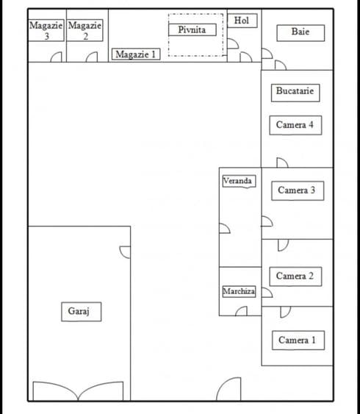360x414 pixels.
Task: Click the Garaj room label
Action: coord(82,312)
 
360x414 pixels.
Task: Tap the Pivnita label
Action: coord(192,29)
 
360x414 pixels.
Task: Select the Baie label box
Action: coord(300,33)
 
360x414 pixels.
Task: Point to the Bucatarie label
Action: coord(295,93)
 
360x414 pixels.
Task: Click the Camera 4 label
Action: coord(295,125)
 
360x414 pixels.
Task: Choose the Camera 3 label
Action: coord(298,190)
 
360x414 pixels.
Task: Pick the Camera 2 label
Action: coord(295,276)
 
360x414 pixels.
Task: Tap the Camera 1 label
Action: coord(298,340)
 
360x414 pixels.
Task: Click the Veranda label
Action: coord(239,182)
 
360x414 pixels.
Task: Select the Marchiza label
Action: coord(239,291)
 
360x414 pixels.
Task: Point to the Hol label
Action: coord(242,21)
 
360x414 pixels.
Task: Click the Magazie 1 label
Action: coord(136,54)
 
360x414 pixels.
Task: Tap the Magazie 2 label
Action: coord(84,30)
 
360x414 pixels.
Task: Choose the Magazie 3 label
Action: coord(46,30)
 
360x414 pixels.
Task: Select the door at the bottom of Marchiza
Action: coord(241,311)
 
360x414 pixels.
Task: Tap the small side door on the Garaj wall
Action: coord(125,252)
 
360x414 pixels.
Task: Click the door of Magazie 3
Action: coord(56,57)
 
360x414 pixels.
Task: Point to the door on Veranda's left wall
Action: coord(225,229)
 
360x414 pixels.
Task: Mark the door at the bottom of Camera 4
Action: coord(282,163)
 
